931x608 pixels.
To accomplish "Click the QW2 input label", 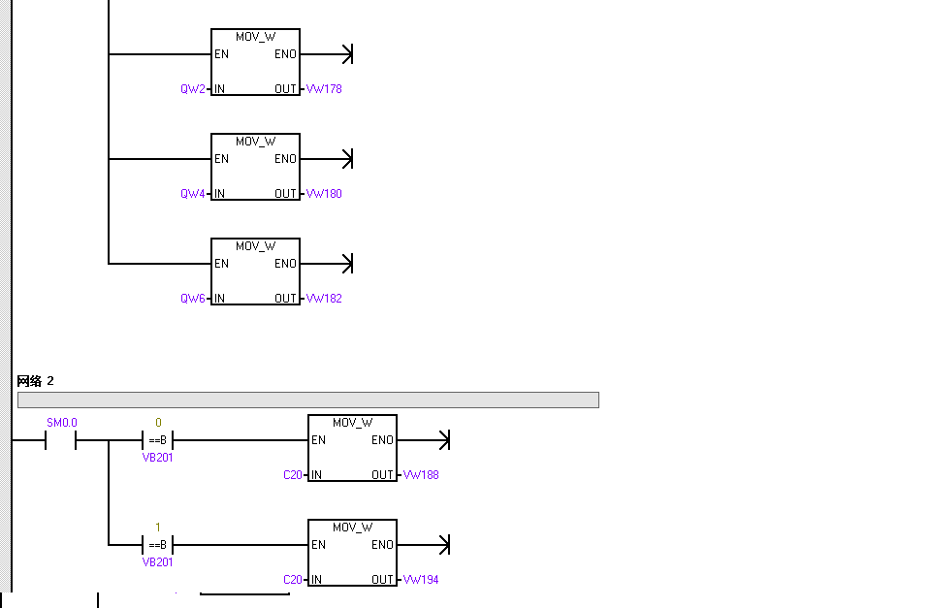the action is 193,89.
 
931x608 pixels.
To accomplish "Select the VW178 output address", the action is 324,89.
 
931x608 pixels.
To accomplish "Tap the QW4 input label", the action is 193,194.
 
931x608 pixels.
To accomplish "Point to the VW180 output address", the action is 324,194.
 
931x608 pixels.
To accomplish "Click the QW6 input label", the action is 193,298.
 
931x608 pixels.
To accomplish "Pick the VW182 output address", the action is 324,298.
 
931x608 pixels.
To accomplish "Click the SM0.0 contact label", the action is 62,423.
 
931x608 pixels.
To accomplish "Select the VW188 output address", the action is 421,475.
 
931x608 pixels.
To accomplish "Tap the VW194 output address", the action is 421,580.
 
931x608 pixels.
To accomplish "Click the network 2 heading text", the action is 35,380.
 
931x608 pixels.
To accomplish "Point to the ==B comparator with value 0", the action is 157,440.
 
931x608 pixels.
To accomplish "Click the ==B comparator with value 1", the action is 157,544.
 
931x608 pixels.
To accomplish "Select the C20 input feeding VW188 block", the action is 293,475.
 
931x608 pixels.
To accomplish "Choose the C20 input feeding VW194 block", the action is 293,580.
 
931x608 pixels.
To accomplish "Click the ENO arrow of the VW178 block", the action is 327,54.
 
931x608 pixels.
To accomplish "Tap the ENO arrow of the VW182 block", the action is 327,264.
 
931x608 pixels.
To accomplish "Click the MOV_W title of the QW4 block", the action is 255,142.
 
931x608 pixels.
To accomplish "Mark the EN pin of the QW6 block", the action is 221,264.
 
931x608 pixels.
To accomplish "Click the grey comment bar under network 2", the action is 308,400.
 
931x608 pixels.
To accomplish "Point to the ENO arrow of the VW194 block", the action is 424,544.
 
